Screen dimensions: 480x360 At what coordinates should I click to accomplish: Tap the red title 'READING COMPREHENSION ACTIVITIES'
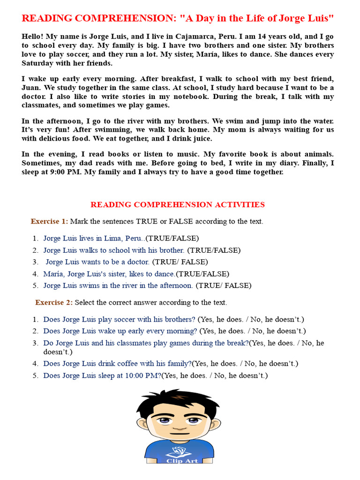click(177, 204)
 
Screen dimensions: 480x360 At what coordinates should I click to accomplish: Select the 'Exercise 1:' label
click(49, 221)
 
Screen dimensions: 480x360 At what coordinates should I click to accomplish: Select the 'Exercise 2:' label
click(54, 302)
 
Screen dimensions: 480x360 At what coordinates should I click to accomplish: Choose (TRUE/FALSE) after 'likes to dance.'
click(202, 274)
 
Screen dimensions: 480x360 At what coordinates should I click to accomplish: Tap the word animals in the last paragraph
click(320, 154)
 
